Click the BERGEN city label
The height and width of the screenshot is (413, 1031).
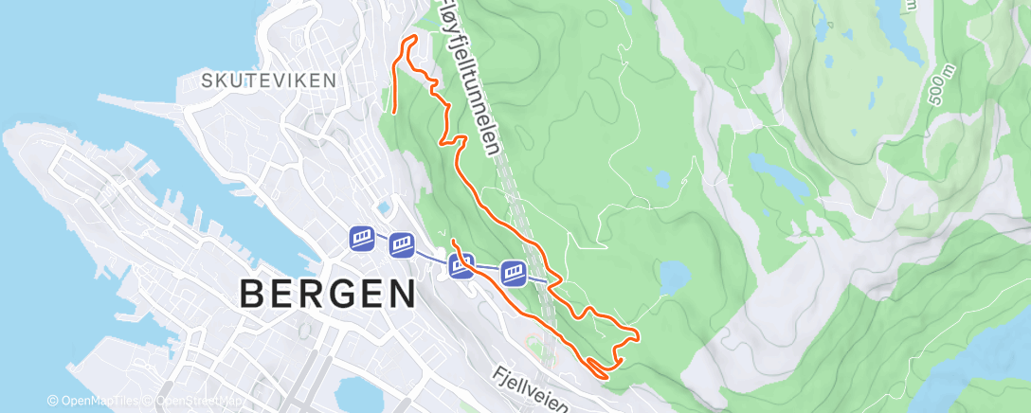coord(327,294)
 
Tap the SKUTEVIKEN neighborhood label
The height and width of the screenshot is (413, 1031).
coord(269,81)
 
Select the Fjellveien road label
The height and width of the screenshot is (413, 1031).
coord(531,390)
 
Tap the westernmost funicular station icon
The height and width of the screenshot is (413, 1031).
coord(362,237)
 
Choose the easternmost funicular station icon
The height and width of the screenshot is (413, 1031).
coord(514,273)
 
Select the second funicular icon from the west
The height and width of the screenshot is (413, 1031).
coord(402,245)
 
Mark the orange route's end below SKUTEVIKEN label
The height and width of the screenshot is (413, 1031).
coord(394,113)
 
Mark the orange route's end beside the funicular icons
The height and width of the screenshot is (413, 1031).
coord(452,241)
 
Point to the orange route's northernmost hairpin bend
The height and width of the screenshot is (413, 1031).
coord(413,37)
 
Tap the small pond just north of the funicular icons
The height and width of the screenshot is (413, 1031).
coord(384,206)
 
